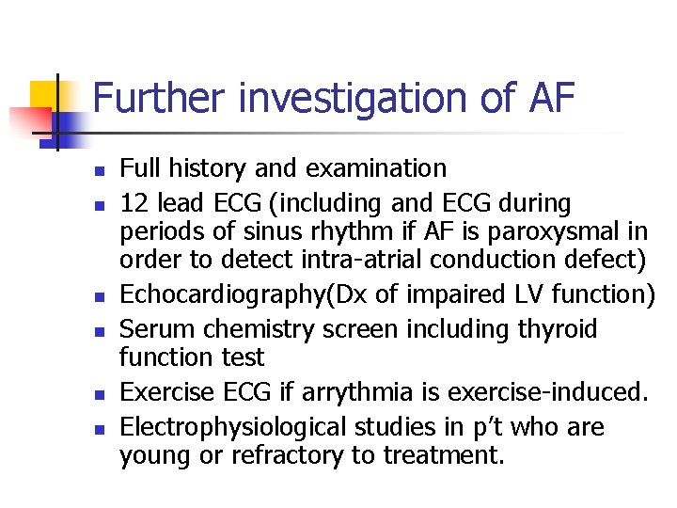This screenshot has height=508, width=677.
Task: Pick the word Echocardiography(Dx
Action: click(x=244, y=295)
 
